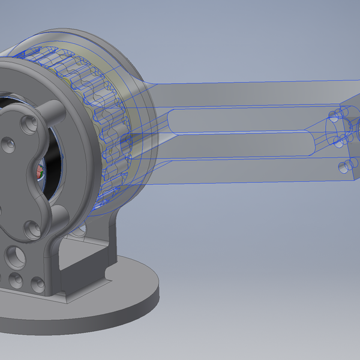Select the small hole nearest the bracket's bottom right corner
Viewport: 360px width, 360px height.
(x=37, y=281)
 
